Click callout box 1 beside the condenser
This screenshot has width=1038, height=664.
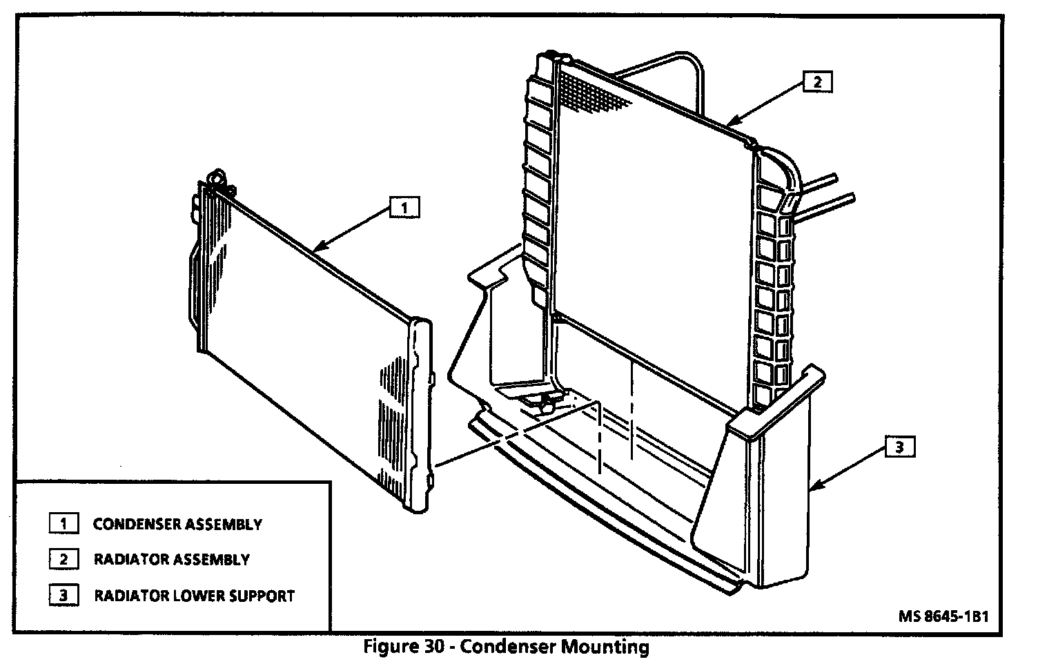pos(404,207)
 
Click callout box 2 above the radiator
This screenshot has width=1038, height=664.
pos(817,82)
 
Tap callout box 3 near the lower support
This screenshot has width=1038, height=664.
pos(899,447)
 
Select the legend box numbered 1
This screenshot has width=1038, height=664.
pos(63,523)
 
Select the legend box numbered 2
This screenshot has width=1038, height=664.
pos(63,559)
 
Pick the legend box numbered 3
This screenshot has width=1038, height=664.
pos(63,595)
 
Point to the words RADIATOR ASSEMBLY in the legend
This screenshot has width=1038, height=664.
pos(172,560)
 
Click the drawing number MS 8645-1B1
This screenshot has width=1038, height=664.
pos(943,616)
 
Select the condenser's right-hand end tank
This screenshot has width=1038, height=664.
pos(422,414)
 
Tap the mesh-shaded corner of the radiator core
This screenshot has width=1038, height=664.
pos(594,90)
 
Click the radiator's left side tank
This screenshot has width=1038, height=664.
pos(538,179)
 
